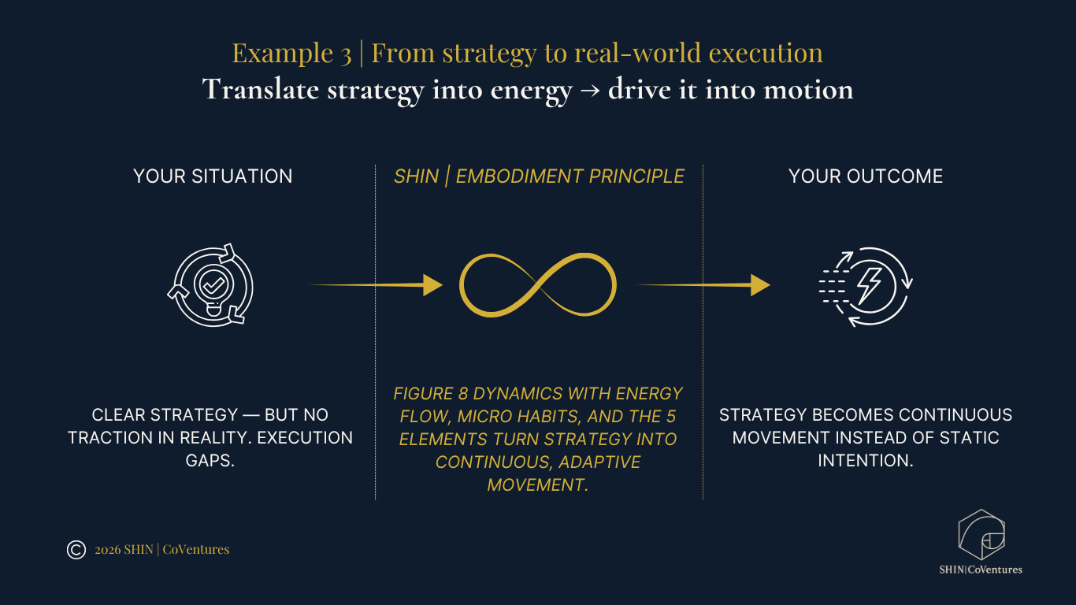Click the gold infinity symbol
pos(538,285)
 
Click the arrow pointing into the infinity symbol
pos(378,285)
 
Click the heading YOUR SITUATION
pos(213,176)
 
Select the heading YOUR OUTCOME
pos(866,176)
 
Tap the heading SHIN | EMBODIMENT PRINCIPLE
pos(539,176)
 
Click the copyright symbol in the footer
pos(76,550)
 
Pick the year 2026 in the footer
pos(107,550)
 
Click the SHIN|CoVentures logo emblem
pos(981,536)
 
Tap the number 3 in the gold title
pos(346,54)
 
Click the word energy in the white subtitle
pos(530,90)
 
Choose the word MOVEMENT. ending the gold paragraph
pos(538,485)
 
